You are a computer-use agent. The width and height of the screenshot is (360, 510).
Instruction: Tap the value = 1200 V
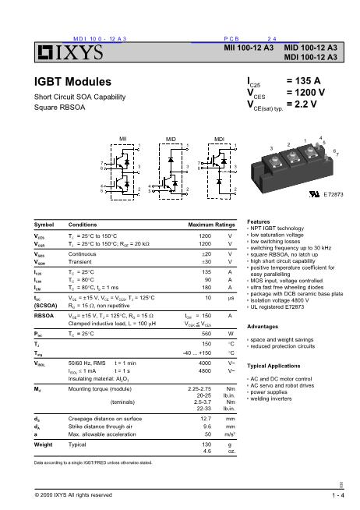312,92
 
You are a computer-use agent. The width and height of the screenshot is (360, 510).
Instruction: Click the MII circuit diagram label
122,138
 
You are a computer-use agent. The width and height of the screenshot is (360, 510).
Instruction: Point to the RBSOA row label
45,316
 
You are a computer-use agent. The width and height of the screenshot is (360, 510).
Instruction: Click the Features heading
259,221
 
